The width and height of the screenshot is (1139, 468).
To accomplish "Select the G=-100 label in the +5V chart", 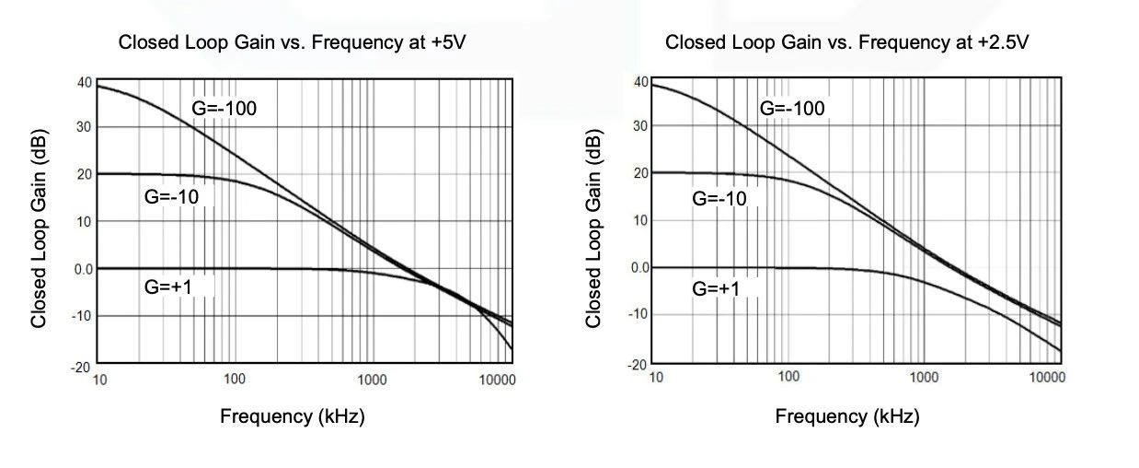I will pos(224,108).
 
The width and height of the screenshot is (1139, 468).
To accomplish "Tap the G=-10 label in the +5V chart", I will pos(172,195).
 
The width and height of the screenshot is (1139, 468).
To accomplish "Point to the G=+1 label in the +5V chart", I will pos(167,287).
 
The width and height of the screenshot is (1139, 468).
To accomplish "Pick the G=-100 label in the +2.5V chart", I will pos(792,109).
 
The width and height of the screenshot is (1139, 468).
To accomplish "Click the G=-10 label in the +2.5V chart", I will pos(719,198).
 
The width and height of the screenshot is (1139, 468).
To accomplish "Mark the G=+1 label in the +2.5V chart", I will pos(716,288).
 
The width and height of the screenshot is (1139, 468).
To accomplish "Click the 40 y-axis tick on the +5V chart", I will pos(84,82).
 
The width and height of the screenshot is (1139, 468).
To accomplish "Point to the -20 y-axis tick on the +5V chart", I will pos(82,367).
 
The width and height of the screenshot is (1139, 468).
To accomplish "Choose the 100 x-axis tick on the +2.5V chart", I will pos(788,376).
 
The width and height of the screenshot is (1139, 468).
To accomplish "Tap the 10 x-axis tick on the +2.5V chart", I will pos(655,376).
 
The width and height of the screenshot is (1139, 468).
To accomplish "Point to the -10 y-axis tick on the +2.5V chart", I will pos(638,314).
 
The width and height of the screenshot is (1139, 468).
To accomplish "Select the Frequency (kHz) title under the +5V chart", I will pos(293,416).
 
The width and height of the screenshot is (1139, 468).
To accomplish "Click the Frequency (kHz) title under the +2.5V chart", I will pos(847,416).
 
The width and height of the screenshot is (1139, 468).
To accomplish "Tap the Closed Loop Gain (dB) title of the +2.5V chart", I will pos(593,226).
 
